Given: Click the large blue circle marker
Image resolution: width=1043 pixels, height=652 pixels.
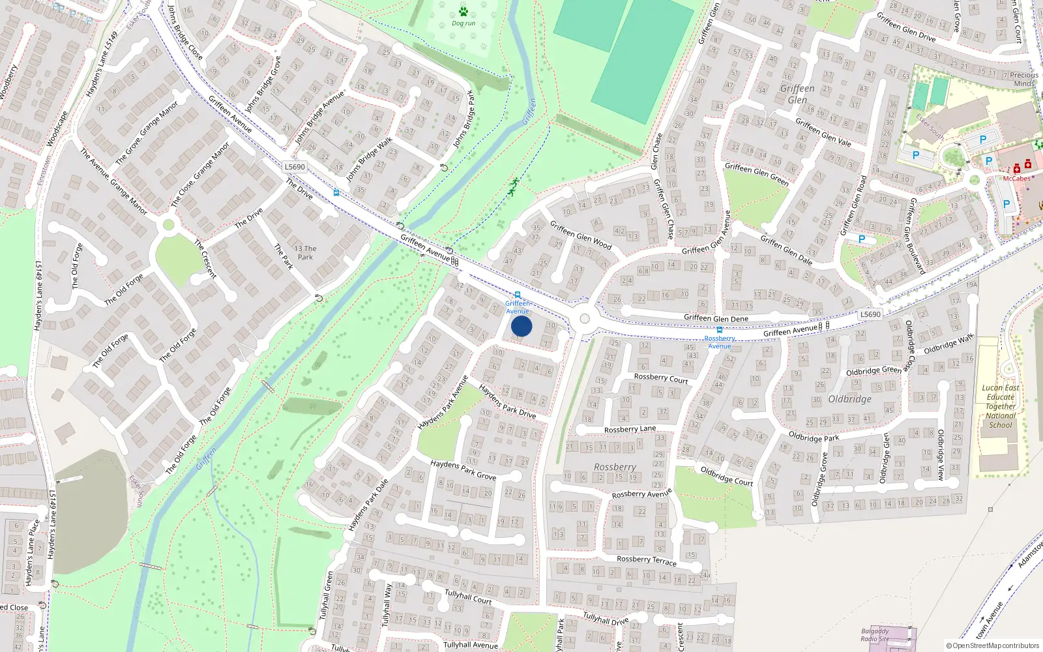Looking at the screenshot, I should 521,326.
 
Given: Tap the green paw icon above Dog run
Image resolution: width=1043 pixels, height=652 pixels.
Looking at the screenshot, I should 463,12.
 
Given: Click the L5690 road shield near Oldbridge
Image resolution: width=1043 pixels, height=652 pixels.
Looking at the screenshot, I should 870,314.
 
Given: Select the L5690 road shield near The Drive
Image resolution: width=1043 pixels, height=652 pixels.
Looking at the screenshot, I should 295,167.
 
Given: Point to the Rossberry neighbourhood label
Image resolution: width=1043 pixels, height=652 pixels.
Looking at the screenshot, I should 615,467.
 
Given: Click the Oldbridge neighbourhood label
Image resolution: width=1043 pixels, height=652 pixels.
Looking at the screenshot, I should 849,399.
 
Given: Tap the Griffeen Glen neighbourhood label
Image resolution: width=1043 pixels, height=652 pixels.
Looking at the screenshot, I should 797,94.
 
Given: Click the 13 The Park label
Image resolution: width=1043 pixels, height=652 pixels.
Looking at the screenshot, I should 305,253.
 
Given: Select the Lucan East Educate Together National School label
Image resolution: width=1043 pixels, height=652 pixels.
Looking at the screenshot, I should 1001,406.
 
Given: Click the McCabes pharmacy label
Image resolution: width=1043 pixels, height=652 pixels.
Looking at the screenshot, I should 1017,179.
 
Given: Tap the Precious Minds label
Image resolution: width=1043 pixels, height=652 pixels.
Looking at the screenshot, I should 1024,79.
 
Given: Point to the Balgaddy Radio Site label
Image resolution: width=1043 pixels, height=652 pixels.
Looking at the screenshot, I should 875,635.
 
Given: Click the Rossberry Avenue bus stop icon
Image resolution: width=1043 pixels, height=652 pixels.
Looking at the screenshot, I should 720,330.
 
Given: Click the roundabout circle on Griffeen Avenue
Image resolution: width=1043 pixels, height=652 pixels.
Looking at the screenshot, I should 584,319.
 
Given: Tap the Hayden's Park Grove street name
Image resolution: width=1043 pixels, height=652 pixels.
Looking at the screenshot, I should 463,469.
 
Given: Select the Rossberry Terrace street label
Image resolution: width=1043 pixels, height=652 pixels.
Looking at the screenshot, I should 647,560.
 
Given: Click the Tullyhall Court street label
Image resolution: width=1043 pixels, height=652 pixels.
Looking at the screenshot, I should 468,597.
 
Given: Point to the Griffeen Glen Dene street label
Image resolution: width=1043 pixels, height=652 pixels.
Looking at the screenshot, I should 716,318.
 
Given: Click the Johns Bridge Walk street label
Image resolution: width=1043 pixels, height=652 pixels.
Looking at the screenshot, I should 369,159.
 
